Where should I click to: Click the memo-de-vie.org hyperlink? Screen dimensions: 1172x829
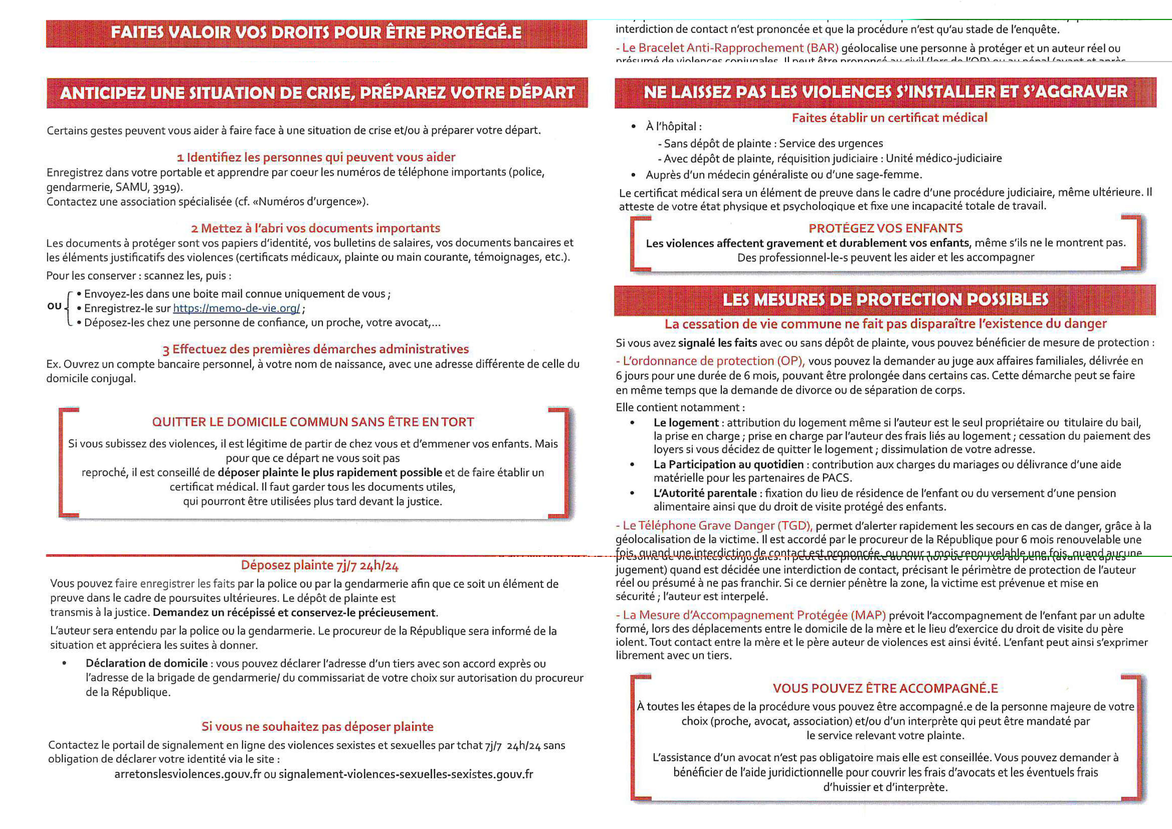[x=236, y=309]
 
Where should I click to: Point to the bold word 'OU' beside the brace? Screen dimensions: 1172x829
[x=54, y=306]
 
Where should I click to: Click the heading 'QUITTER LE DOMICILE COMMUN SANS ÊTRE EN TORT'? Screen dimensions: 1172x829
[x=313, y=422]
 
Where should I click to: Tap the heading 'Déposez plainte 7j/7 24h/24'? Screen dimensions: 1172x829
[x=320, y=565]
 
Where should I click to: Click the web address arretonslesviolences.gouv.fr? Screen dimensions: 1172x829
[x=187, y=774]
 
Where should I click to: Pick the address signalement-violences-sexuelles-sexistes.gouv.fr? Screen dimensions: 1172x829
[x=406, y=774]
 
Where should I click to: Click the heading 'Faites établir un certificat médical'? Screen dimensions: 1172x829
[x=889, y=118]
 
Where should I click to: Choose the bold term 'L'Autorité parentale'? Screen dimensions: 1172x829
[x=705, y=493]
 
